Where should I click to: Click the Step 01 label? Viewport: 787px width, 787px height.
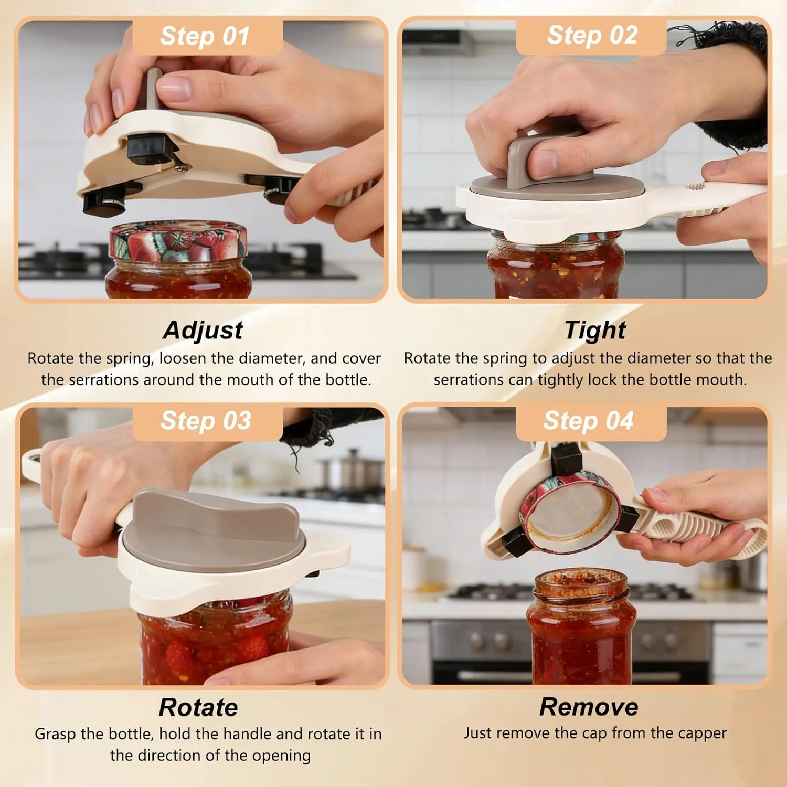(205, 36)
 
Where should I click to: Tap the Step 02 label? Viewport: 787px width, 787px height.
(592, 35)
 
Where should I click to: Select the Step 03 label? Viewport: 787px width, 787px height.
(206, 421)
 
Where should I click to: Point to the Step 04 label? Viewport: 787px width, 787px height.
(589, 421)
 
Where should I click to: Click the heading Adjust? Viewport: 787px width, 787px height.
(203, 331)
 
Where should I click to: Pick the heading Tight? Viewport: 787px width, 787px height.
(595, 331)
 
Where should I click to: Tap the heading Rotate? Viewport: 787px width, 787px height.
(198, 707)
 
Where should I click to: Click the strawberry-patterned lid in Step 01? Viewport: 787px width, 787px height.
(178, 241)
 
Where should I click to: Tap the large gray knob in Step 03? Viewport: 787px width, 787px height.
(212, 525)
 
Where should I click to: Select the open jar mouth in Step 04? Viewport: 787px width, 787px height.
(581, 585)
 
